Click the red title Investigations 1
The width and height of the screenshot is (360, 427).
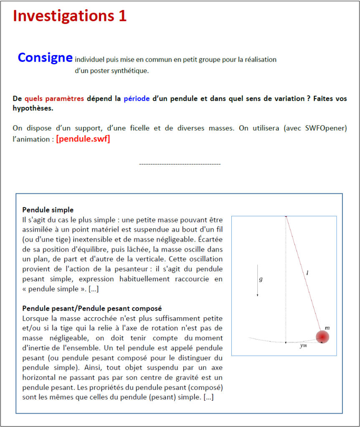click(70, 16)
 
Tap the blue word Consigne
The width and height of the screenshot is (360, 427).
click(45, 58)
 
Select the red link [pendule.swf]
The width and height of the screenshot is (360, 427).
click(83, 139)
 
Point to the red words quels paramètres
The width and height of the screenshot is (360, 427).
click(54, 99)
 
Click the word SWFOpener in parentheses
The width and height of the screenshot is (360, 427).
click(325, 128)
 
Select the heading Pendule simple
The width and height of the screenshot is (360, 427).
click(48, 210)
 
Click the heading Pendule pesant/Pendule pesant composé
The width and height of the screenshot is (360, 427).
click(92, 308)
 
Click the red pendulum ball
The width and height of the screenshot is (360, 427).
click(322, 336)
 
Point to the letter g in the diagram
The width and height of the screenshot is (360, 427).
click(261, 279)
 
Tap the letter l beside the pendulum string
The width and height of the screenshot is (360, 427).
click(307, 273)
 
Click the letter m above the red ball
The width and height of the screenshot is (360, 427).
click(327, 328)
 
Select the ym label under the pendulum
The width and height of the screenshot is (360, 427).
click(304, 346)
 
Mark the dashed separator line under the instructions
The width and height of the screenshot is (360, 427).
click(180, 164)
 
